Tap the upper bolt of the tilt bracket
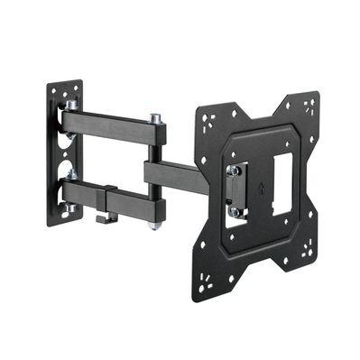pos(233,170)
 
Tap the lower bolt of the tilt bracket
pos(234,210)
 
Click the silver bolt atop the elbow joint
pos(155,117)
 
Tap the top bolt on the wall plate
pos(71,106)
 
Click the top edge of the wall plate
pos(64,84)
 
